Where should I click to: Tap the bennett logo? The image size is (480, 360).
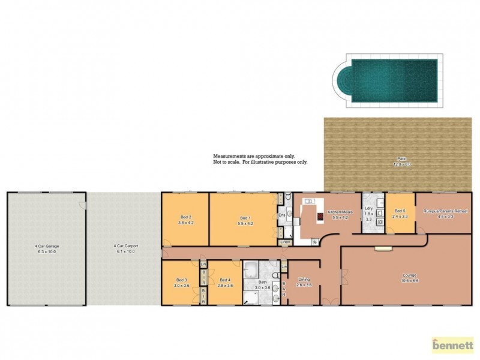(453, 346)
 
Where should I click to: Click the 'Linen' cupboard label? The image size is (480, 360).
(284, 242)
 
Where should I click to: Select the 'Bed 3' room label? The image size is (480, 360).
(182, 280)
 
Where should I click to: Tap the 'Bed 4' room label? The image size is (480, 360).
(225, 280)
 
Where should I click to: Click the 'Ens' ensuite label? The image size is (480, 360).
(281, 214)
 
